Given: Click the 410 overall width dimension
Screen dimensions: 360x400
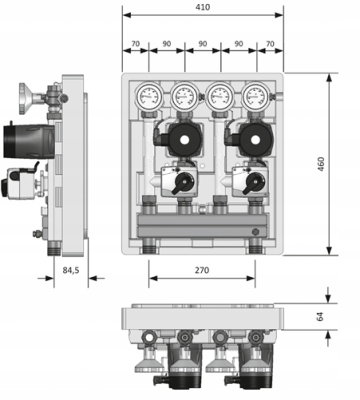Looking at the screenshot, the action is [x=203, y=7].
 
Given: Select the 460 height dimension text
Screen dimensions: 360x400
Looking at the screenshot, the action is [x=321, y=164].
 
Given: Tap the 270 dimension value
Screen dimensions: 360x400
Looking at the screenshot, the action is [x=202, y=270].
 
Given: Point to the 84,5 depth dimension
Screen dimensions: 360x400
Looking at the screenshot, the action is [x=71, y=270].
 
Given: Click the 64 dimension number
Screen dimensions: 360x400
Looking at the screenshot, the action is [x=320, y=317].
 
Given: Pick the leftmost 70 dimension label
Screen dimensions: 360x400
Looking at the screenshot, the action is [x=135, y=44].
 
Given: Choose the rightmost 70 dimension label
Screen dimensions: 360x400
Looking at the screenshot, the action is [x=270, y=44].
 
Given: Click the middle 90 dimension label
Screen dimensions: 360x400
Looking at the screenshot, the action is [x=203, y=44].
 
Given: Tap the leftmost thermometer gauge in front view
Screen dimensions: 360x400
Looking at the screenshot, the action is [x=149, y=96].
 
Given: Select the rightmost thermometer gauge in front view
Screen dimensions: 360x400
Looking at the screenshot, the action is [x=256, y=96].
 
